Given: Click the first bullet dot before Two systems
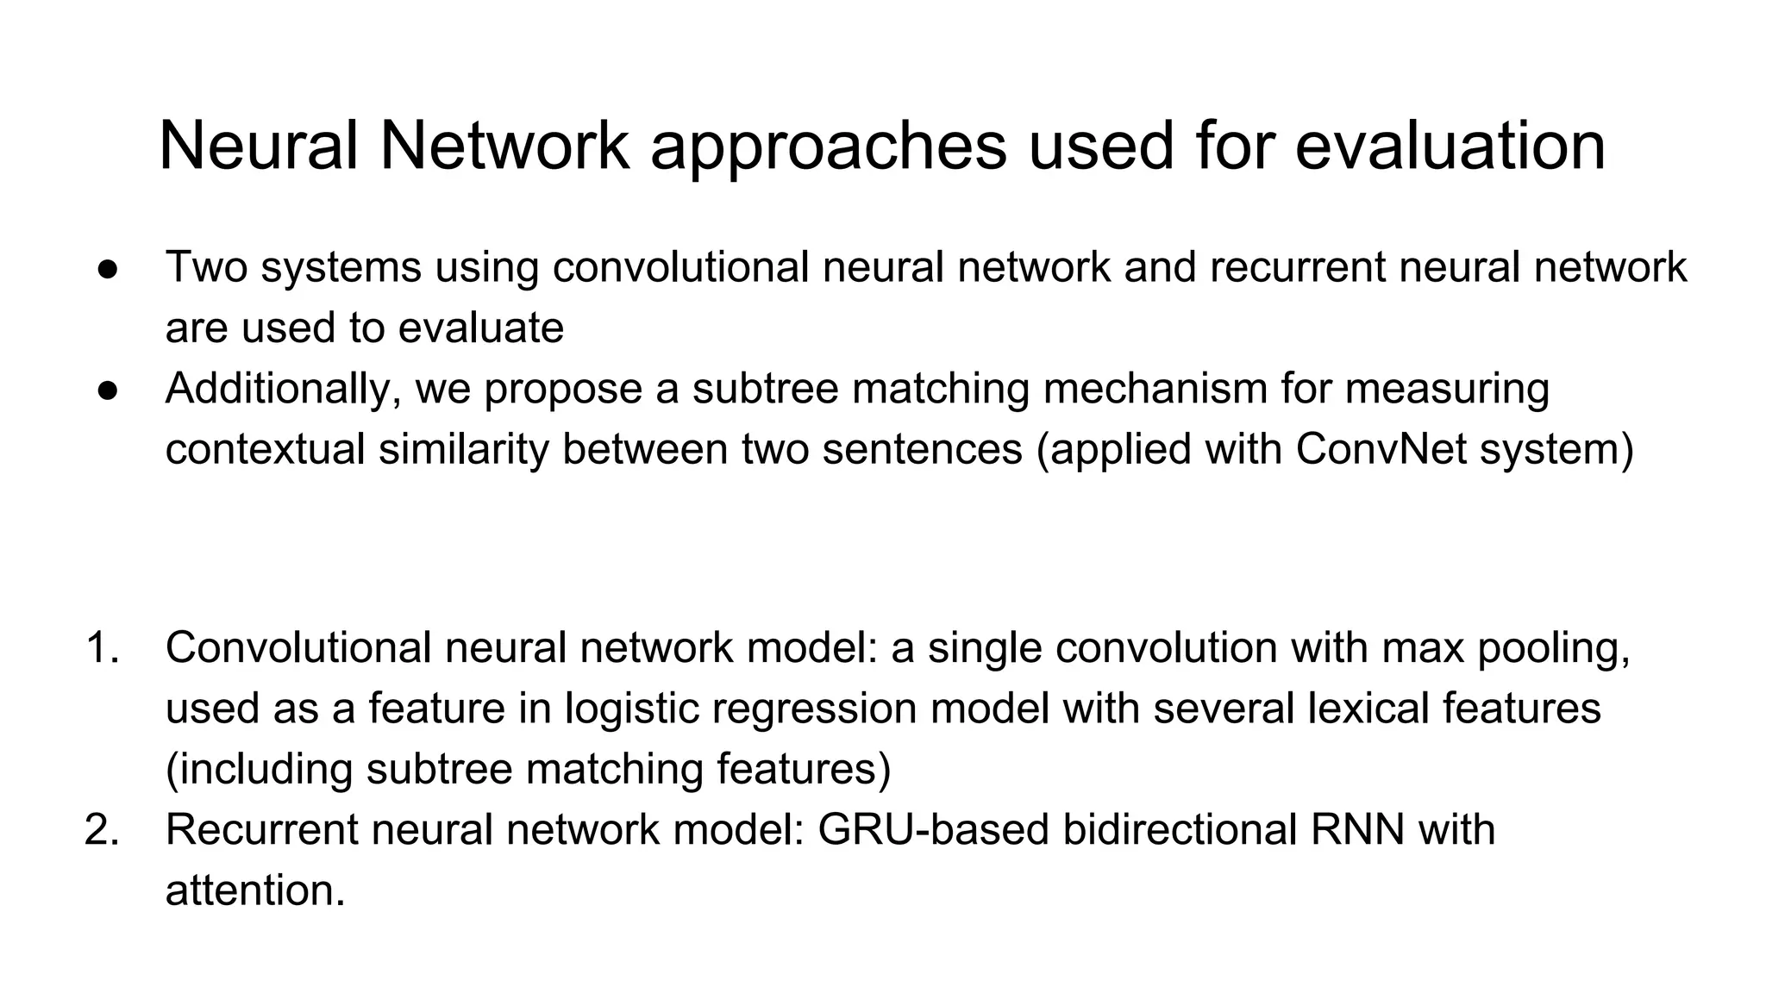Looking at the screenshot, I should click(108, 268).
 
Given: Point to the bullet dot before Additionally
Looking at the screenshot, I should click(108, 390).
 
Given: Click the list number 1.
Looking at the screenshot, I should click(103, 647).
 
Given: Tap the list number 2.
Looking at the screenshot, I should click(103, 829).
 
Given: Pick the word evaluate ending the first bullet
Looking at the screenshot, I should click(481, 328).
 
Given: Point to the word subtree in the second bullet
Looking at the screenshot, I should click(765, 388).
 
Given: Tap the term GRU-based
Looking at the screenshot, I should click(932, 829).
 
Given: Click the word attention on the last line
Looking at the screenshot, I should click(254, 890).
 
